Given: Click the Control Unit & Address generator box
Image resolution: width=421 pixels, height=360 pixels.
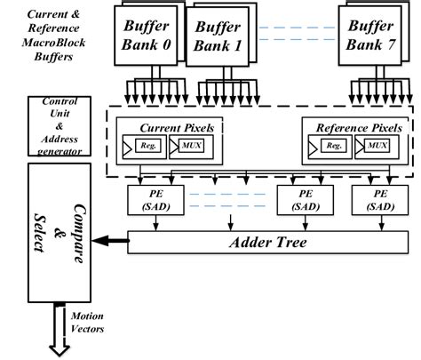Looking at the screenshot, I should pyautogui.click(x=56, y=126).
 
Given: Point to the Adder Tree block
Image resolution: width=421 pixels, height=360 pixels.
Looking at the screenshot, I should pyautogui.click(x=268, y=242).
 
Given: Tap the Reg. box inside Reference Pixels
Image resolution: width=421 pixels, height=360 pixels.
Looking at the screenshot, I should pyautogui.click(x=333, y=145).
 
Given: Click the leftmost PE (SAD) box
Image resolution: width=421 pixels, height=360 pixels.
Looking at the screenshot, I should pyautogui.click(x=155, y=200).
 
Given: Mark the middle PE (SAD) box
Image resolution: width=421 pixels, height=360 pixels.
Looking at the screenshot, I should pyautogui.click(x=302, y=200).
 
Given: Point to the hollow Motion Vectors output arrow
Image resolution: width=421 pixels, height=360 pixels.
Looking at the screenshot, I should pyautogui.click(x=60, y=332).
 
